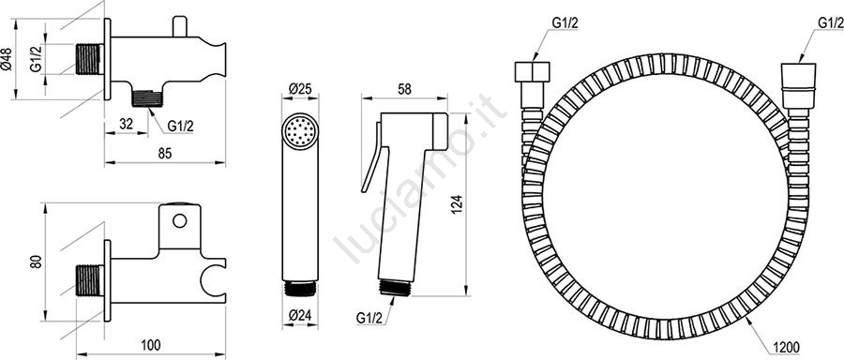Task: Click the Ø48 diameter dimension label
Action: coord(6,59)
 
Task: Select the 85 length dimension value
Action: coord(165,154)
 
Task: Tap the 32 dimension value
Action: coord(126,123)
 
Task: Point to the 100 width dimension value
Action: coord(150,344)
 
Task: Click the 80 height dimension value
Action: coord(36,262)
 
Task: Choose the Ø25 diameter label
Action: coord(300,89)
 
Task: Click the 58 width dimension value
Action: coord(403,89)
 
